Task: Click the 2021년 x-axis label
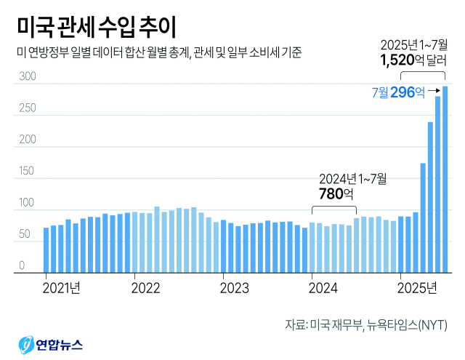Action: (61, 288)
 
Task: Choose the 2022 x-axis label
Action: (145, 288)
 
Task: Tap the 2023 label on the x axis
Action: (234, 288)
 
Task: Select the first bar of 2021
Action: (46, 250)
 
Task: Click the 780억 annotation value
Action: (336, 193)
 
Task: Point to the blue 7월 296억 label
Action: (397, 92)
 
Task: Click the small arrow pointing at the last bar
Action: (434, 91)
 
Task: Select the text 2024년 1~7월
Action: (354, 177)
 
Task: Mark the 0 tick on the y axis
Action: (22, 266)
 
